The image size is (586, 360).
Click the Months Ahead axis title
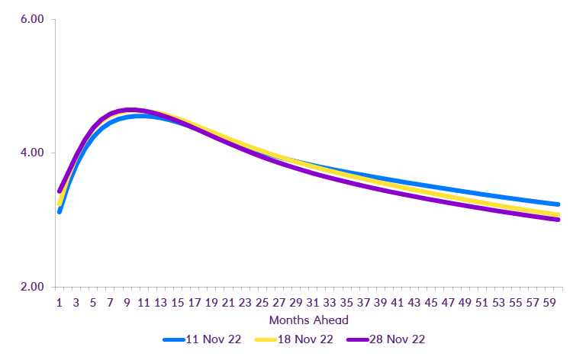[309, 320]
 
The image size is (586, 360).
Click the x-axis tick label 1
[60, 303]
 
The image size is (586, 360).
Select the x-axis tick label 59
[549, 303]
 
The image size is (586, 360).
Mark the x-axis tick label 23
[245, 303]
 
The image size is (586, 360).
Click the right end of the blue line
[558, 204]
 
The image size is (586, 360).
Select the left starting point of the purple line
[59, 191]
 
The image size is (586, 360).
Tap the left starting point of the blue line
[59, 211]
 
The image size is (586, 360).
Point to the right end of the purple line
[558, 220]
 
